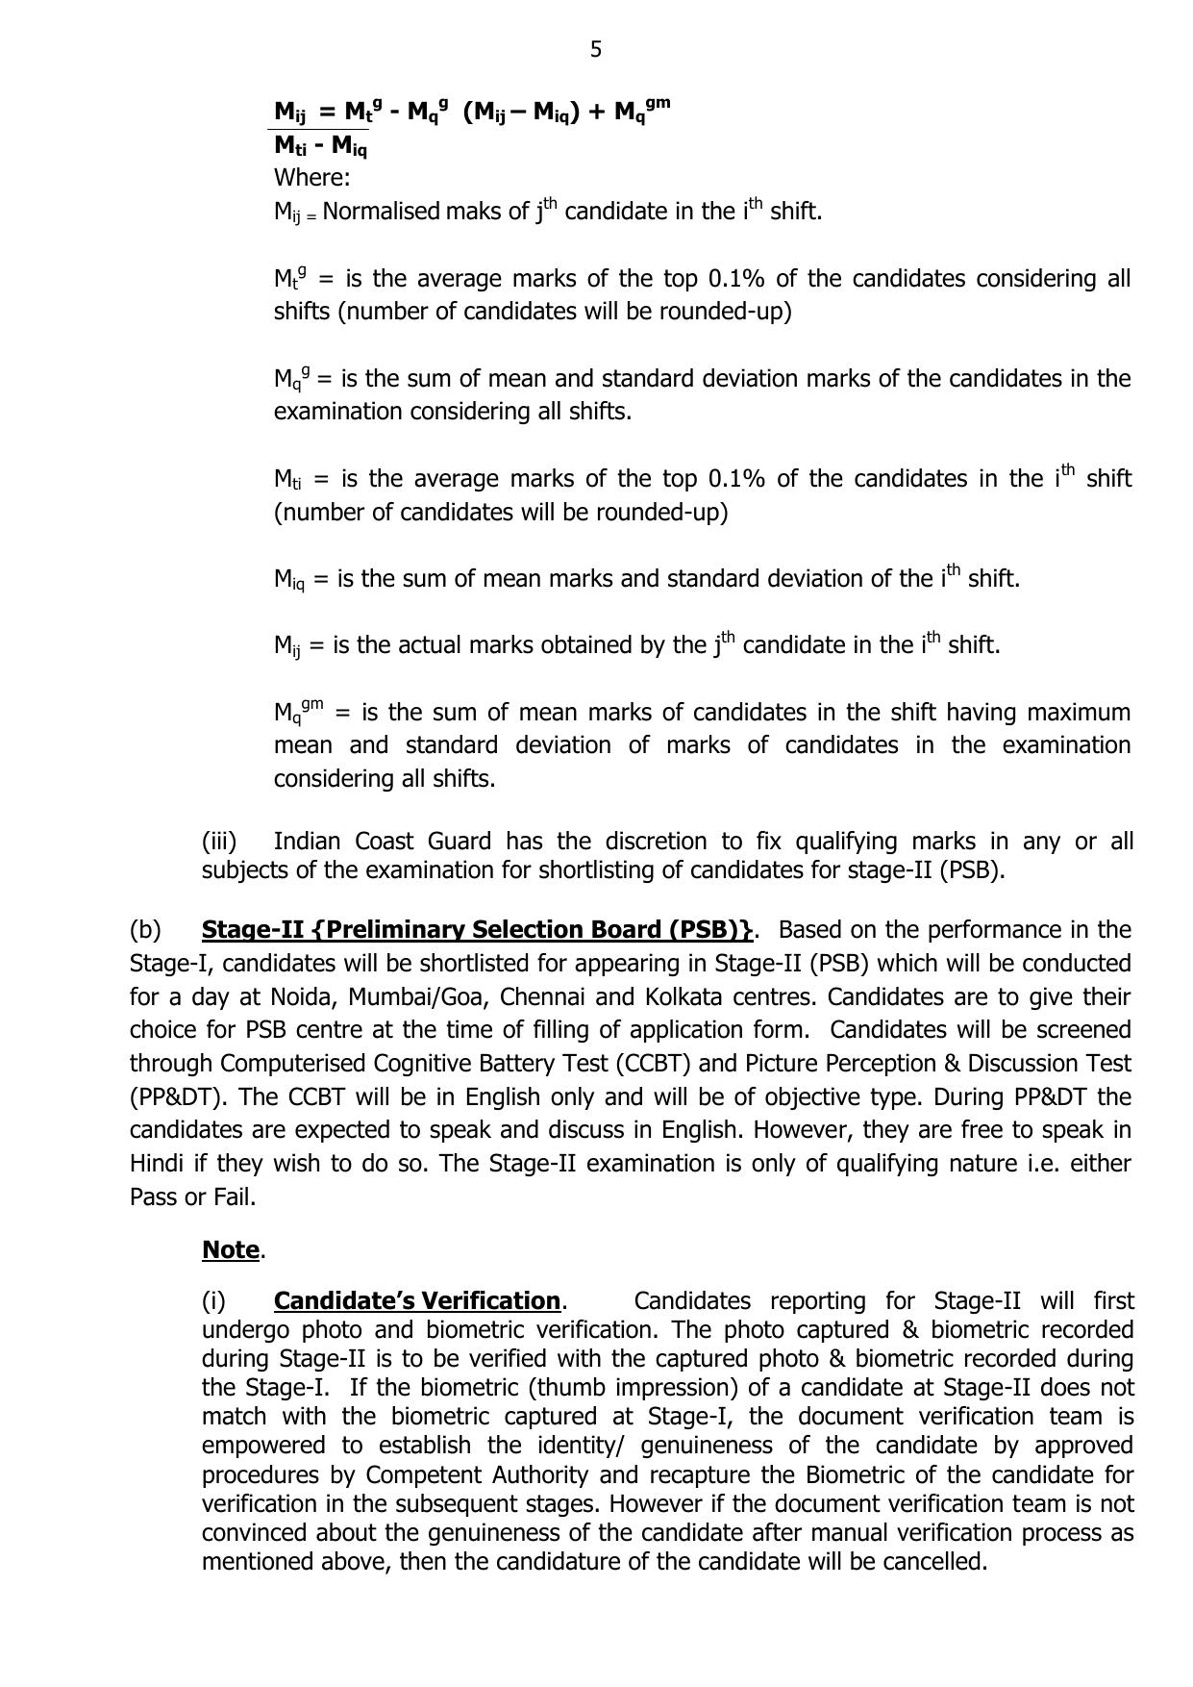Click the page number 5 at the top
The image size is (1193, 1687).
596,49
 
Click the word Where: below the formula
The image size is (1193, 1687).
311,178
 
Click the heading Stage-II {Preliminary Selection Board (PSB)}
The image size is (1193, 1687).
478,930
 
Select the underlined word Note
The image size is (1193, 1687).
231,1250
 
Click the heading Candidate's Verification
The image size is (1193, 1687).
417,1301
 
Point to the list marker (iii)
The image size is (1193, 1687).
219,842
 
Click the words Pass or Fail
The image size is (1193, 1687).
192,1197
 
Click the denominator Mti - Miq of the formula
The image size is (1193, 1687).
320,146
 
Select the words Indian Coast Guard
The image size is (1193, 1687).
382,842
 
